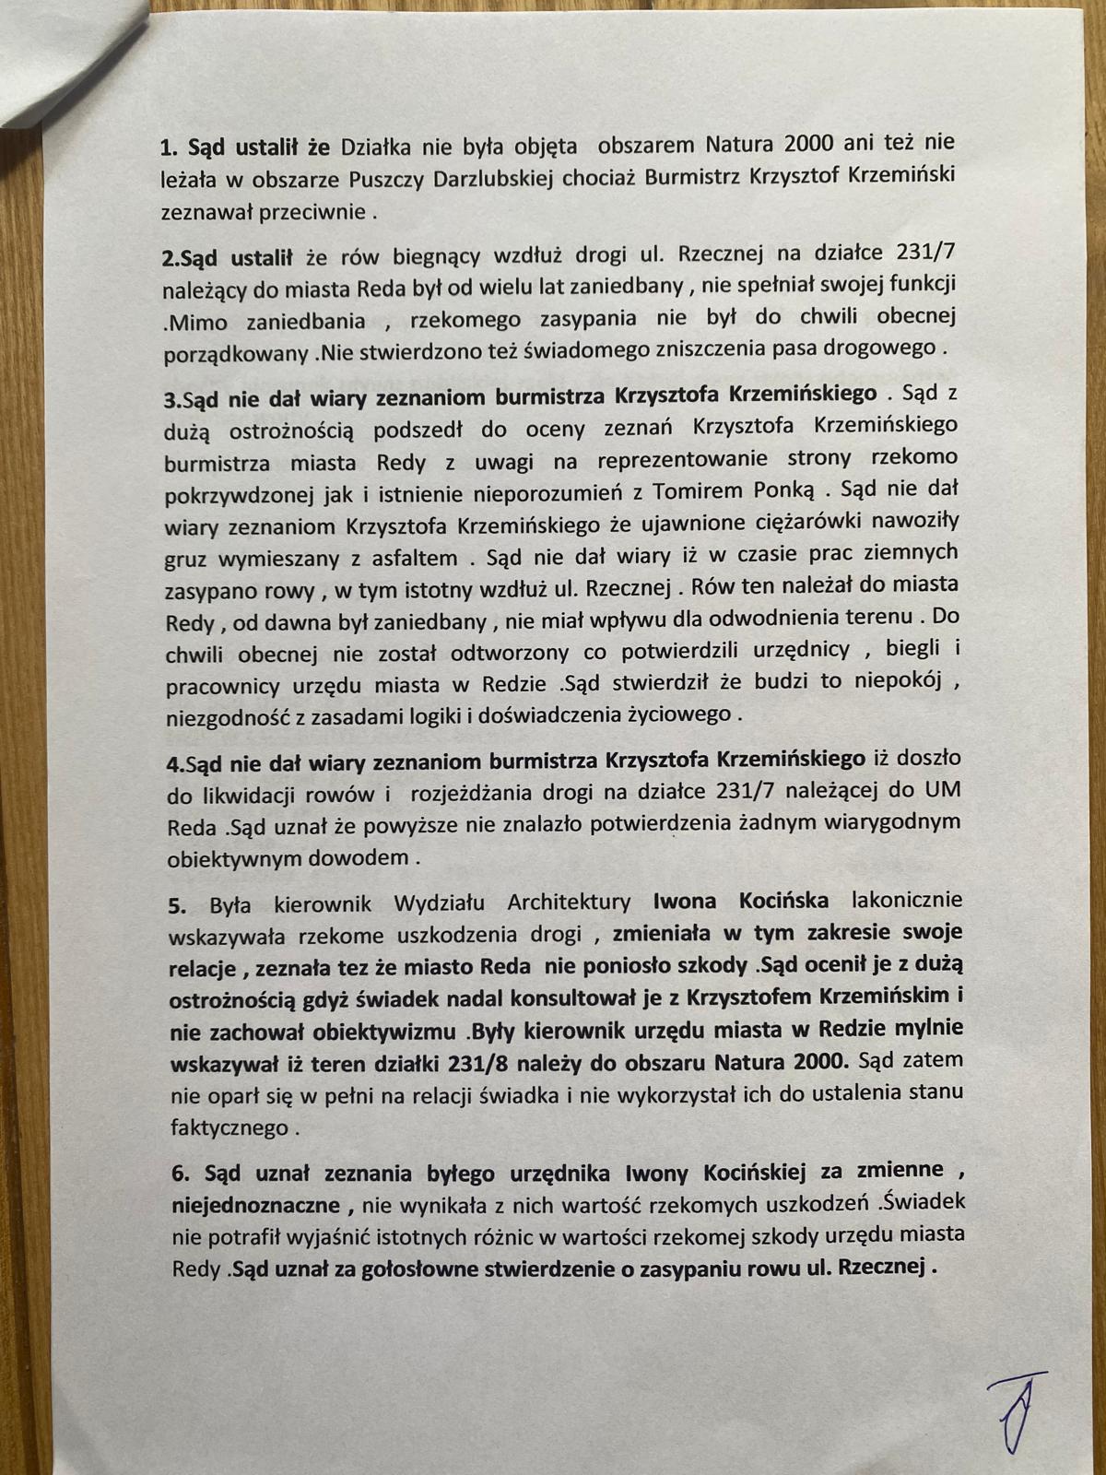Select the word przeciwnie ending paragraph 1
coord(311,212)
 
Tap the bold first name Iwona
coord(687,901)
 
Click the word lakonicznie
coord(907,900)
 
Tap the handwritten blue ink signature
coord(1013,1415)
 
